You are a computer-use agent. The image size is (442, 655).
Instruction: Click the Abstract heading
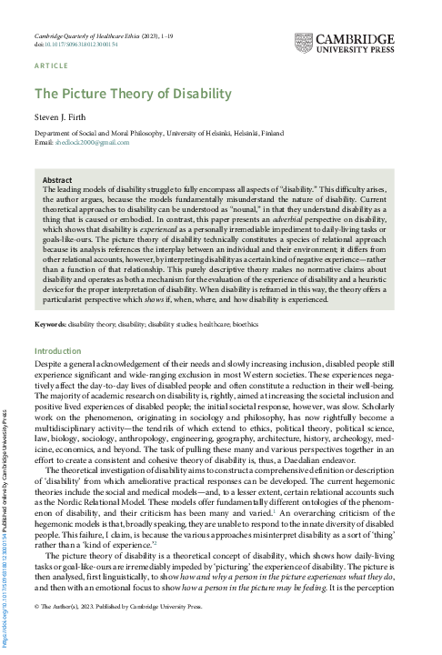click(x=57, y=180)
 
